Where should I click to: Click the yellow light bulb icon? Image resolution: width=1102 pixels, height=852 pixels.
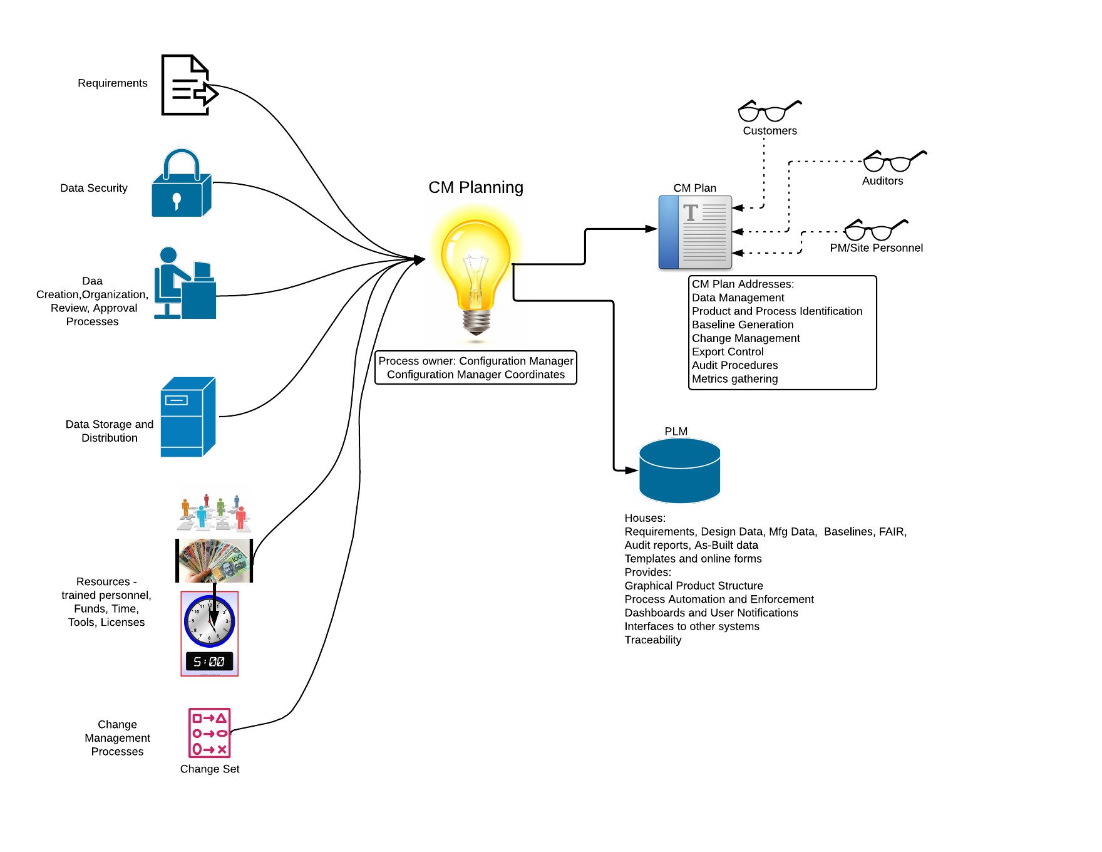476,273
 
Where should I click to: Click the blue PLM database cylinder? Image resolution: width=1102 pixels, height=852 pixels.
679,470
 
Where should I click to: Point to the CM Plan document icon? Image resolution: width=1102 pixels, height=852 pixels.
695,232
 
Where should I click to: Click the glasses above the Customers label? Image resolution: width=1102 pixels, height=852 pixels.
770,111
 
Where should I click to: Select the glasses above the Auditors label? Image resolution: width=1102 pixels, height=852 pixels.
895,161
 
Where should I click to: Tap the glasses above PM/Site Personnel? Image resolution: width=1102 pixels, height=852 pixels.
876,230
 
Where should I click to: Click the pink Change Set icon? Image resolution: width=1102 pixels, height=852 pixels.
210,733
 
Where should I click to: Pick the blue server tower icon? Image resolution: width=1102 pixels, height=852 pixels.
188,417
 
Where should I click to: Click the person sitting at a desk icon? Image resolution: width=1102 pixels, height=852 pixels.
185,283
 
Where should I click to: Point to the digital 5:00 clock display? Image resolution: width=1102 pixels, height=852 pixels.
209,662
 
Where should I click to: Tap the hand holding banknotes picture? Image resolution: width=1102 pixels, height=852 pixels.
214,560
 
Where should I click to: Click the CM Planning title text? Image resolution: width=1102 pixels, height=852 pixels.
476,187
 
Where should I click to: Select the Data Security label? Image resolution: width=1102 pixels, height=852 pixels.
94,188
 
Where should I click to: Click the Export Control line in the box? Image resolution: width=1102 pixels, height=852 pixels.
728,351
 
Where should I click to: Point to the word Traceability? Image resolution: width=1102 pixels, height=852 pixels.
653,640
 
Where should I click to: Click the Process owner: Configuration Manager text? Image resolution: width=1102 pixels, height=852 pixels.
476,361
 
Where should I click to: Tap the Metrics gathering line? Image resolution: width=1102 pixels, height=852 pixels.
735,378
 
